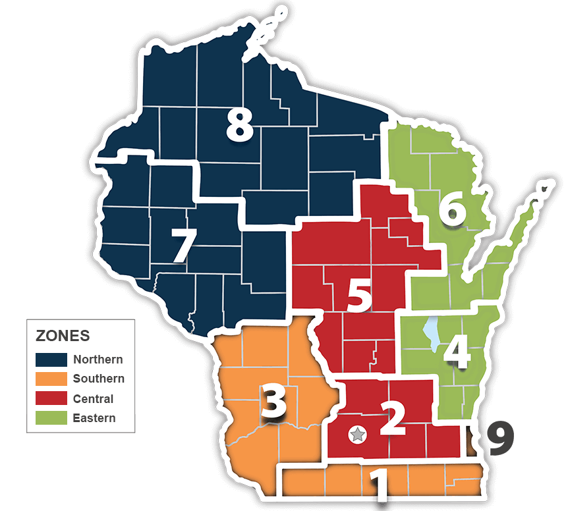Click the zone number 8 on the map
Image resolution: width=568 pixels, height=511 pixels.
pos(239,125)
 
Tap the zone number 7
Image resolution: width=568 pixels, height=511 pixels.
pos(183,246)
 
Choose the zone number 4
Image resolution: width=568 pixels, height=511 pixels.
pos(456,354)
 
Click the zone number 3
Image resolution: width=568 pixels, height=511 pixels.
pos(273,402)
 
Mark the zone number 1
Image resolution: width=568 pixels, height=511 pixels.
pos(378,487)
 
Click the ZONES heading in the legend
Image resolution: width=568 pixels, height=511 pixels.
pos(63,336)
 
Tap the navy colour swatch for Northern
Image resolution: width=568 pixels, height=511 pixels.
pos(51,360)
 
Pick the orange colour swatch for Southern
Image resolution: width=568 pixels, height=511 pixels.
pos(51,379)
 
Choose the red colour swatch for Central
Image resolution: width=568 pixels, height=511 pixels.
pos(51,398)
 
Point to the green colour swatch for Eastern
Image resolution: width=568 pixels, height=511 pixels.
pos(51,417)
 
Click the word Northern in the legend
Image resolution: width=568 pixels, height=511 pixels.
pos(98,360)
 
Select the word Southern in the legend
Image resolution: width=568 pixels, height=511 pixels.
pos(99,379)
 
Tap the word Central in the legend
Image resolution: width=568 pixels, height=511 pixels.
pos(93,398)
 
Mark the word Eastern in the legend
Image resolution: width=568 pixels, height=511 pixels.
pos(94,417)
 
